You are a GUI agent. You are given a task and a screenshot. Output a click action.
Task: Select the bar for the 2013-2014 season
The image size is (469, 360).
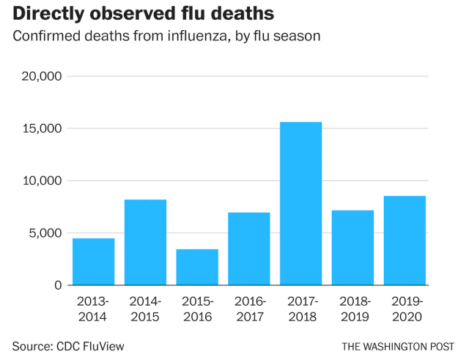94,262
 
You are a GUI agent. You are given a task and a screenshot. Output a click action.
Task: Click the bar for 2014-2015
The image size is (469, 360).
145,243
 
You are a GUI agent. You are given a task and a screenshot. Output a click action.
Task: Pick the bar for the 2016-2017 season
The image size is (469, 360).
249,249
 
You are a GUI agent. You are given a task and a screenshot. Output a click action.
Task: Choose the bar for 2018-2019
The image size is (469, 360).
352,248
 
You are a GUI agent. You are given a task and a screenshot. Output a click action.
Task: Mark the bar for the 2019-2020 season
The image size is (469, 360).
405,240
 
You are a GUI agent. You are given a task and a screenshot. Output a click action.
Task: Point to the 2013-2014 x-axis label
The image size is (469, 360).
94,309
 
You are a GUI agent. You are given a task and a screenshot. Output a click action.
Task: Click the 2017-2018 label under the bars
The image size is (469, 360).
301,309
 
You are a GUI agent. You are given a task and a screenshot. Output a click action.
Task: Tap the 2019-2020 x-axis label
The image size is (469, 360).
405,309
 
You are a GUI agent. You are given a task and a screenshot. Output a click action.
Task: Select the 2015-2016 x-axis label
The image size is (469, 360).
197,309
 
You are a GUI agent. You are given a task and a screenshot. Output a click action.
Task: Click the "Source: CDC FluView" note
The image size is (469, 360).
63,344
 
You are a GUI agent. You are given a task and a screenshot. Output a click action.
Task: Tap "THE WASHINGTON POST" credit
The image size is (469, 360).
397,345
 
